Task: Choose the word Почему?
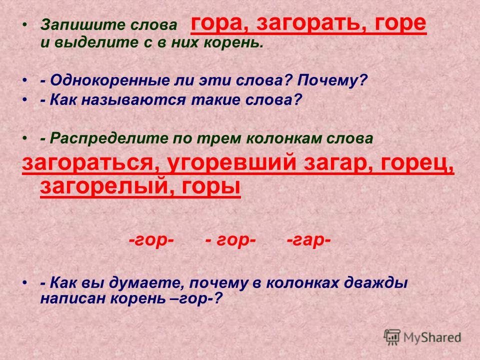click(332, 80)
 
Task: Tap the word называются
click(133, 100)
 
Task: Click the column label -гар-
click(308, 240)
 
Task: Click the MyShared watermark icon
click(392, 337)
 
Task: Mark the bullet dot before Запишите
click(25, 24)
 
